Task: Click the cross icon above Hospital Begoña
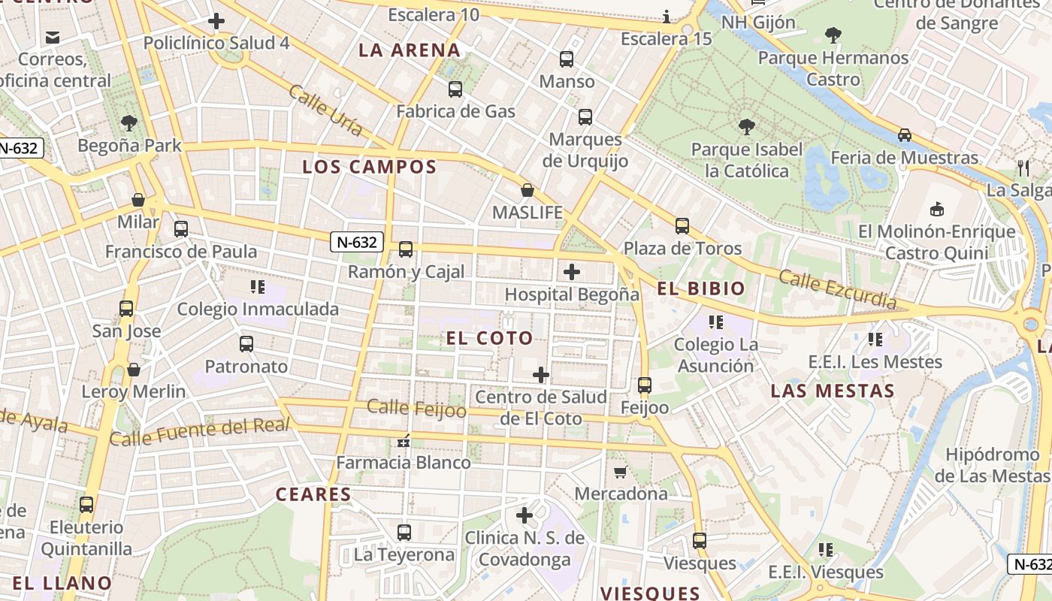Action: [x=572, y=271]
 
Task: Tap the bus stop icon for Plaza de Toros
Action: [x=682, y=225]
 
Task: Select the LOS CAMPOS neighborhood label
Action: [x=369, y=167]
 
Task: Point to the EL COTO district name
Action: [x=489, y=338]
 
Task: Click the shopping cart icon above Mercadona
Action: [x=621, y=472]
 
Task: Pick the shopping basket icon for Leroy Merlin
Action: [x=134, y=369]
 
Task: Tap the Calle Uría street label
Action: [x=326, y=110]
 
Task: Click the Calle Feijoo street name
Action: [x=416, y=408]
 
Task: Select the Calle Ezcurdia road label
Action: [x=837, y=289]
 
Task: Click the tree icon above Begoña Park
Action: [x=129, y=122]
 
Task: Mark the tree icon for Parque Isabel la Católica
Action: [x=746, y=126]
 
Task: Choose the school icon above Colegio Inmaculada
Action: [x=258, y=286]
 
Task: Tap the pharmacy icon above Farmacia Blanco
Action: [x=404, y=440]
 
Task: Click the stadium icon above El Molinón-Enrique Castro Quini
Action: [x=936, y=209]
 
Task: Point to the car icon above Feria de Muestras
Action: [x=905, y=135]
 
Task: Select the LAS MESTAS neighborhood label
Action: [x=833, y=391]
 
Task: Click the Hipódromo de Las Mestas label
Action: [x=992, y=465]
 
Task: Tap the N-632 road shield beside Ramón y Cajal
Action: [x=357, y=242]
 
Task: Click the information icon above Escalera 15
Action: [x=667, y=17]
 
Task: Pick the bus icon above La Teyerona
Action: [x=404, y=533]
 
